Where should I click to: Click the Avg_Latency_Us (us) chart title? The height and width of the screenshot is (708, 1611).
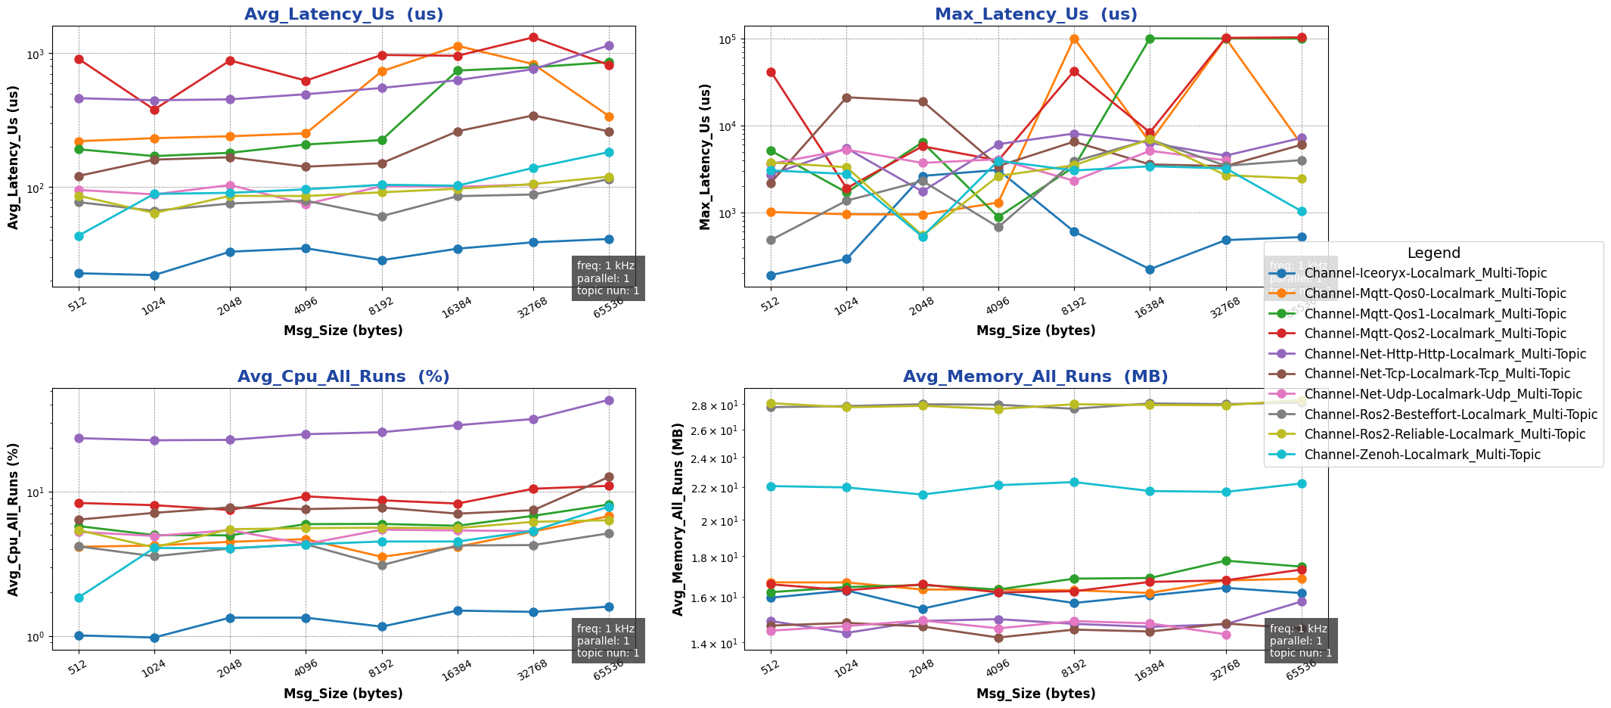tap(343, 14)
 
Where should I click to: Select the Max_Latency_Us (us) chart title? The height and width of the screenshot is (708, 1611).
tap(1035, 14)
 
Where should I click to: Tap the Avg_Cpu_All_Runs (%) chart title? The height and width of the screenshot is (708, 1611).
tap(343, 377)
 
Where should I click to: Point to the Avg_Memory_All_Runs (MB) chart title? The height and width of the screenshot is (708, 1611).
tap(1035, 377)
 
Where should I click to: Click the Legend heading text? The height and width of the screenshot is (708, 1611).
tap(1433, 253)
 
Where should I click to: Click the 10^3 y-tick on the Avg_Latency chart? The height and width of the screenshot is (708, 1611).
tap(35, 54)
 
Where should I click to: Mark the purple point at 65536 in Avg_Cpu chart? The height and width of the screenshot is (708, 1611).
tap(609, 400)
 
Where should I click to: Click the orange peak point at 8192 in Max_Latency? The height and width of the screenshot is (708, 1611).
tap(1074, 39)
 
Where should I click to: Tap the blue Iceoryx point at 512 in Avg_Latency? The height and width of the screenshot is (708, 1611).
tap(79, 273)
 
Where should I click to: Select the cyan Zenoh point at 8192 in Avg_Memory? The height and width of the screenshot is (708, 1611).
tap(1074, 482)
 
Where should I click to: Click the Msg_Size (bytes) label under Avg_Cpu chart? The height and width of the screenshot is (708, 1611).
tap(343, 694)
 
